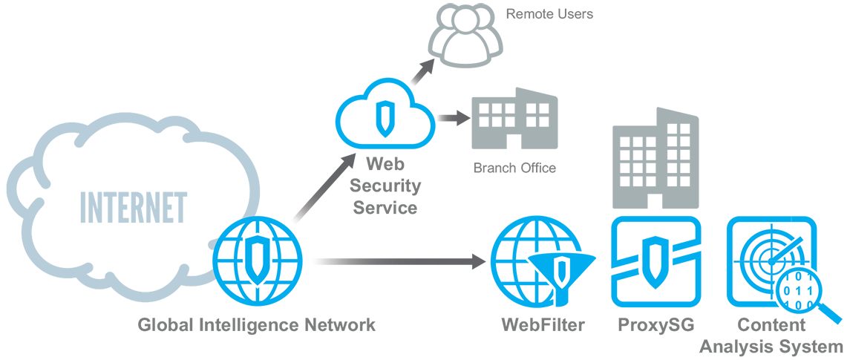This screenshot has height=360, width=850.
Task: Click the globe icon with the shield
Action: coord(255,261)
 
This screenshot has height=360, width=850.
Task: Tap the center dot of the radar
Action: coord(771,262)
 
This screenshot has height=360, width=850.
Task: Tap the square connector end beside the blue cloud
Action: coord(465,117)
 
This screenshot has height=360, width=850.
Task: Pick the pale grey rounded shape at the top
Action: coord(468,37)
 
